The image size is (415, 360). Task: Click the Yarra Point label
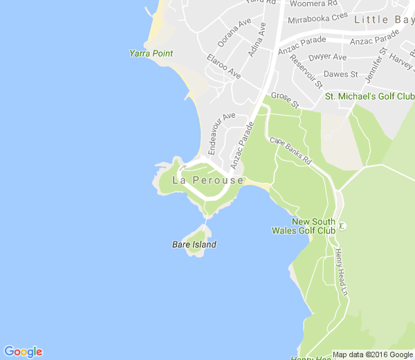pos(151,53)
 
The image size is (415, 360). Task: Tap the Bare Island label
pos(194,244)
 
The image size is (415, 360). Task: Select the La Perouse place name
pos(207,181)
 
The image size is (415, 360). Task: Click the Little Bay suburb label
pos(383,19)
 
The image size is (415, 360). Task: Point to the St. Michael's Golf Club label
pos(369,96)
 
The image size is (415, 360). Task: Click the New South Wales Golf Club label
pos(313,226)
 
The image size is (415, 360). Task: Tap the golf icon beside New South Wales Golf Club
pos(342,226)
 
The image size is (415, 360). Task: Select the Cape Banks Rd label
pos(291,150)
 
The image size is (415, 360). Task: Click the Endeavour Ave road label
pos(221,133)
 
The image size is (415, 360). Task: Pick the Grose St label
pos(284,100)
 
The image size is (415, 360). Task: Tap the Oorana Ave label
pos(234,33)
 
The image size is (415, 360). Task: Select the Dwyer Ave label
pos(327,57)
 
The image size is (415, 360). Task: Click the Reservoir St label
pos(307,73)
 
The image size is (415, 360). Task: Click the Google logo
pos(23,352)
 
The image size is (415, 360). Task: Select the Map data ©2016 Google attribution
pos(372,354)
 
